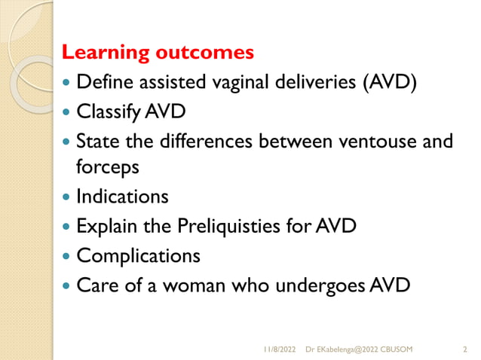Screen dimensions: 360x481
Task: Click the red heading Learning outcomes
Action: coord(158,53)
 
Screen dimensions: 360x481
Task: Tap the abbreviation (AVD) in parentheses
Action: coord(390,81)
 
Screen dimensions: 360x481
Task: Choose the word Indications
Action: coord(122,197)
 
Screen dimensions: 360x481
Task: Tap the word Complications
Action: coord(139,256)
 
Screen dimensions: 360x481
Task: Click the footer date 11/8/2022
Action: coord(280,349)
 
